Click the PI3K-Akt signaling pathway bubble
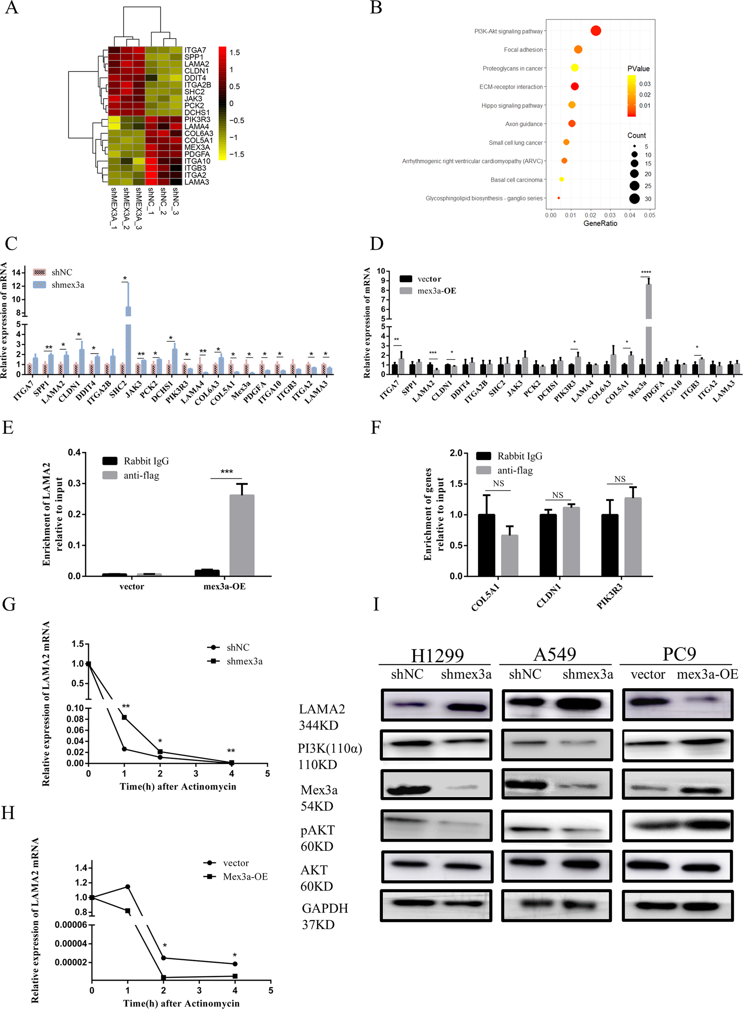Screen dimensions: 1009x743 click(x=595, y=31)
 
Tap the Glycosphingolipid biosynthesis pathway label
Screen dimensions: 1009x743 click(x=484, y=199)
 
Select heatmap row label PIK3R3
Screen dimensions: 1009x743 click(x=197, y=120)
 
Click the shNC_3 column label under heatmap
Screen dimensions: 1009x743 click(x=175, y=201)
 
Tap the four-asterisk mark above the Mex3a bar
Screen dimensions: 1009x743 click(x=646, y=273)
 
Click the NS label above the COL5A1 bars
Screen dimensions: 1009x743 click(x=498, y=484)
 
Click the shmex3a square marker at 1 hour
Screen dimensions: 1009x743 click(x=125, y=717)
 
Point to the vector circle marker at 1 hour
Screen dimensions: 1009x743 click(x=128, y=886)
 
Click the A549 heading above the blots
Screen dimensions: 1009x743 click(x=555, y=654)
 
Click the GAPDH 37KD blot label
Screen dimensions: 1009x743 click(x=324, y=916)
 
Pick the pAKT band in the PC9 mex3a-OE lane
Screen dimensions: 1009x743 click(x=707, y=825)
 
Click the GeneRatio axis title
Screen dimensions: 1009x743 click(x=600, y=224)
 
